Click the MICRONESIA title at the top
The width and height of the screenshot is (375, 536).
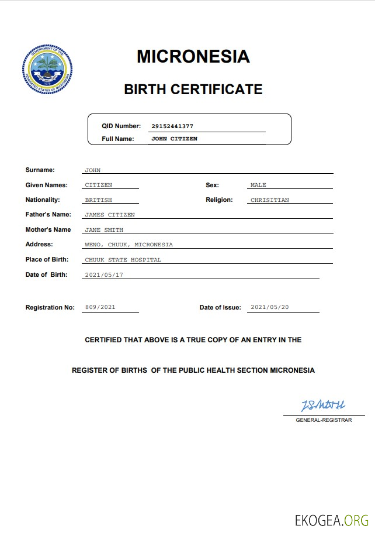coord(193,56)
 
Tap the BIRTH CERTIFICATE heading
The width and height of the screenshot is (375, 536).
coord(193,89)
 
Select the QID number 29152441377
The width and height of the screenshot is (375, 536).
coord(172,126)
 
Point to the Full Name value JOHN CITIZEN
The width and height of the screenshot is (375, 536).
coord(174,139)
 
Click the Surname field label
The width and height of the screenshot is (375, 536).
coord(40,170)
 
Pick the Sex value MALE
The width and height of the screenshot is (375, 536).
coord(258,185)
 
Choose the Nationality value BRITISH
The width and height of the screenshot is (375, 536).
coord(98,200)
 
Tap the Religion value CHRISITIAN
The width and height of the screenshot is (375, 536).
coord(269,200)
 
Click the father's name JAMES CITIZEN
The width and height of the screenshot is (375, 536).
coord(110,215)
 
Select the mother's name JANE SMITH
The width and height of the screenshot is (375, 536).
coord(104,230)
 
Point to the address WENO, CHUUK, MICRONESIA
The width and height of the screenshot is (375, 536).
coord(129,245)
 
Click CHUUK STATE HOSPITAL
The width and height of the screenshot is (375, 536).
coord(123,259)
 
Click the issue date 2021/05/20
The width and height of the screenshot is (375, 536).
coord(269,307)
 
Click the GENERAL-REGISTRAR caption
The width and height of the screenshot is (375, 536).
coord(324,420)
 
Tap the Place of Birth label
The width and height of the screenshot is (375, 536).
coord(47,259)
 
